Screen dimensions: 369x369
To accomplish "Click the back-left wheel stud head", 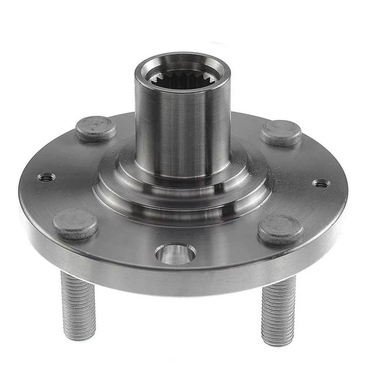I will (x=96, y=128).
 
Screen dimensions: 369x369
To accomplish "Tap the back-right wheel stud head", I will (x=281, y=133).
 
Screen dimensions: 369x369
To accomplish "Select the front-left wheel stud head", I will (x=75, y=223).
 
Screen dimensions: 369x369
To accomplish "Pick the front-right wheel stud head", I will (x=281, y=229).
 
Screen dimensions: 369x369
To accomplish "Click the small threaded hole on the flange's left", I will (x=46, y=177).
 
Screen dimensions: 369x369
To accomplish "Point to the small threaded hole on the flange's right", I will (x=321, y=183).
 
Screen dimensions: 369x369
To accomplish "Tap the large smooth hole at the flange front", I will (x=175, y=254).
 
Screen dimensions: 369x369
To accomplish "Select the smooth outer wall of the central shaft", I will (x=181, y=127).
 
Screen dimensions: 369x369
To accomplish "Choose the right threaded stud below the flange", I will (x=279, y=311).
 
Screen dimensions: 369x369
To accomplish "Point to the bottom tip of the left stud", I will (x=80, y=337).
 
